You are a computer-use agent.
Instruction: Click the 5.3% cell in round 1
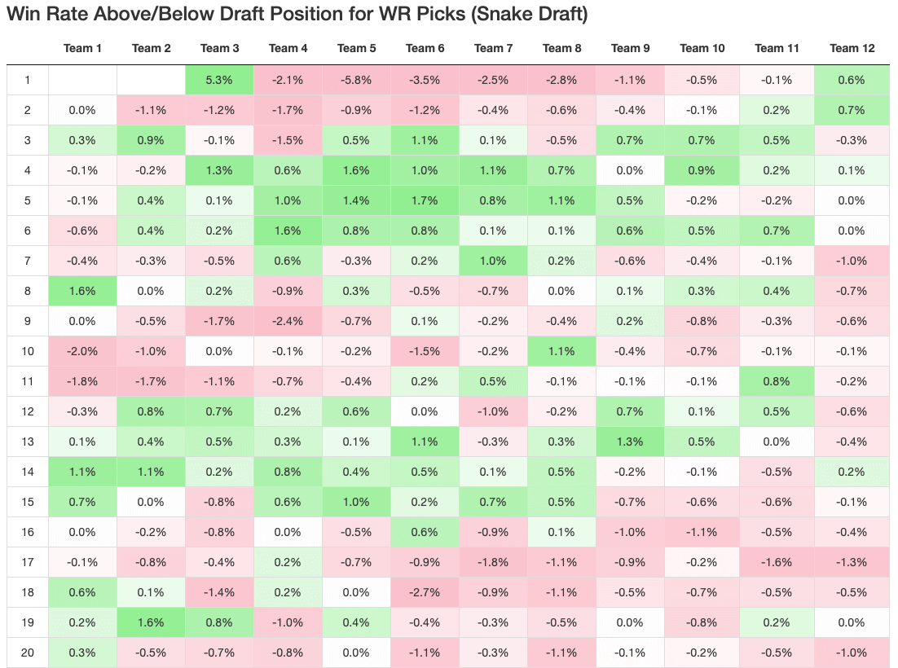tap(219, 80)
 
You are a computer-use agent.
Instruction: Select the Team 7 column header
tap(493, 48)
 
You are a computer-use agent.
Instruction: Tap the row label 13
tap(27, 442)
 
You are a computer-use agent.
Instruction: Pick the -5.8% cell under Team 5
tap(356, 80)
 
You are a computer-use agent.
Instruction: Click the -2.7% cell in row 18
tap(425, 592)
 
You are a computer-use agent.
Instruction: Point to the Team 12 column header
tap(852, 48)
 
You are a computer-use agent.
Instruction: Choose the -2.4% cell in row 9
tap(288, 321)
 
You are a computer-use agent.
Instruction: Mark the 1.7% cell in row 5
tap(425, 200)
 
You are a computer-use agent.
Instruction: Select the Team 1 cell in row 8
tap(82, 291)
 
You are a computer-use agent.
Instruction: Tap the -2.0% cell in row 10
tap(82, 351)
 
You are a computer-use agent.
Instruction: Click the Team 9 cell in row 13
tap(630, 442)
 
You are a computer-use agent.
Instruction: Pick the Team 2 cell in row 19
tap(151, 622)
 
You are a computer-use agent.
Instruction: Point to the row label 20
tap(27, 653)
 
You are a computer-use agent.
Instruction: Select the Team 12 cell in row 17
tap(852, 562)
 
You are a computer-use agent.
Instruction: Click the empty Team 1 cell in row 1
tap(82, 80)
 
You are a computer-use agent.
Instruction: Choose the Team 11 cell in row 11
tap(777, 381)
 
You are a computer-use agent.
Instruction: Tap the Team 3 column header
tap(219, 48)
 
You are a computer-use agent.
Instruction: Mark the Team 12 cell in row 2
tap(852, 110)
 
